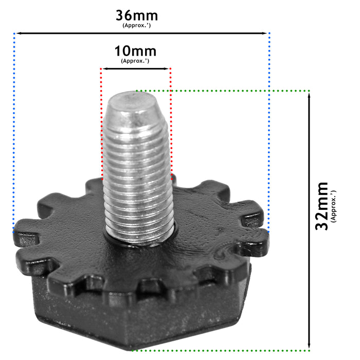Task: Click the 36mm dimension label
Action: [136, 15]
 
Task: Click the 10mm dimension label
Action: [135, 51]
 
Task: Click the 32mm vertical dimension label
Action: [322, 206]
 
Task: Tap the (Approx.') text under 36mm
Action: [136, 25]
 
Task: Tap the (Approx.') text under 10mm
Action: [135, 61]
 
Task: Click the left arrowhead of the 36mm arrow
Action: [17, 33]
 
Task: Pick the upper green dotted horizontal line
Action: [231, 91]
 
